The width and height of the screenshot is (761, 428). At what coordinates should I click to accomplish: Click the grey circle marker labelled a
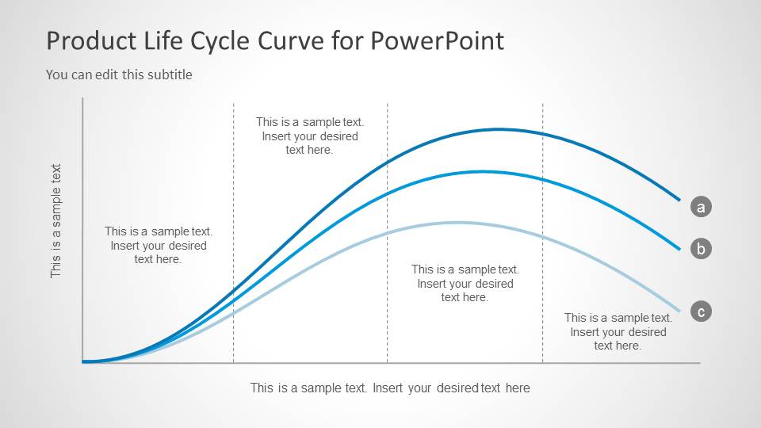pos(701,207)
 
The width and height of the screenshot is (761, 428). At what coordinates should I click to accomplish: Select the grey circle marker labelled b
pos(701,248)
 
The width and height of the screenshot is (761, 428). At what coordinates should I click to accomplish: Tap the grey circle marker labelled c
pos(701,311)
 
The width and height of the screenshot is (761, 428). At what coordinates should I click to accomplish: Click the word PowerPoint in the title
pos(438,40)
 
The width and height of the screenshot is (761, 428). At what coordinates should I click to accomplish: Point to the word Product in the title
pos(91,40)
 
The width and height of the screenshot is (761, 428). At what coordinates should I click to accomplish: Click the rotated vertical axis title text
pos(55,221)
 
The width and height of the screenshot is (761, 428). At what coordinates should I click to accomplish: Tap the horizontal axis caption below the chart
pos(390,388)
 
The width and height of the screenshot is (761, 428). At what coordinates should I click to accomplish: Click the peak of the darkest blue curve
pos(498,129)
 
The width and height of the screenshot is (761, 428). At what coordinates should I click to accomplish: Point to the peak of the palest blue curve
pos(457,223)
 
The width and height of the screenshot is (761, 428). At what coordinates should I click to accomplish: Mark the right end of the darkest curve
pos(679,200)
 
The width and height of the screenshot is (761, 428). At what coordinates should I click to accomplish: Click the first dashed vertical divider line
pos(233,233)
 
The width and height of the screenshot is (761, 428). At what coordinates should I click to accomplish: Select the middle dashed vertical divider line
pos(388,233)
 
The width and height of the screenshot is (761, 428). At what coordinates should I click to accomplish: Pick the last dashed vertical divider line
pos(542,233)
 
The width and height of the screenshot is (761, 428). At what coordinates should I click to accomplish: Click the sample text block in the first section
pos(159,245)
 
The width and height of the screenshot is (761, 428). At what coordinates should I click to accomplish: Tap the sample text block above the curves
pos(310,136)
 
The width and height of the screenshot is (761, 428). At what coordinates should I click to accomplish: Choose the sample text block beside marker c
pos(618,331)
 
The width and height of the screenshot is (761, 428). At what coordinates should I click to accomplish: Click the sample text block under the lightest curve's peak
pos(465,284)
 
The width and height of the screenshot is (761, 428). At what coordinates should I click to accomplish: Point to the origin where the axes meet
pos(83,362)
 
